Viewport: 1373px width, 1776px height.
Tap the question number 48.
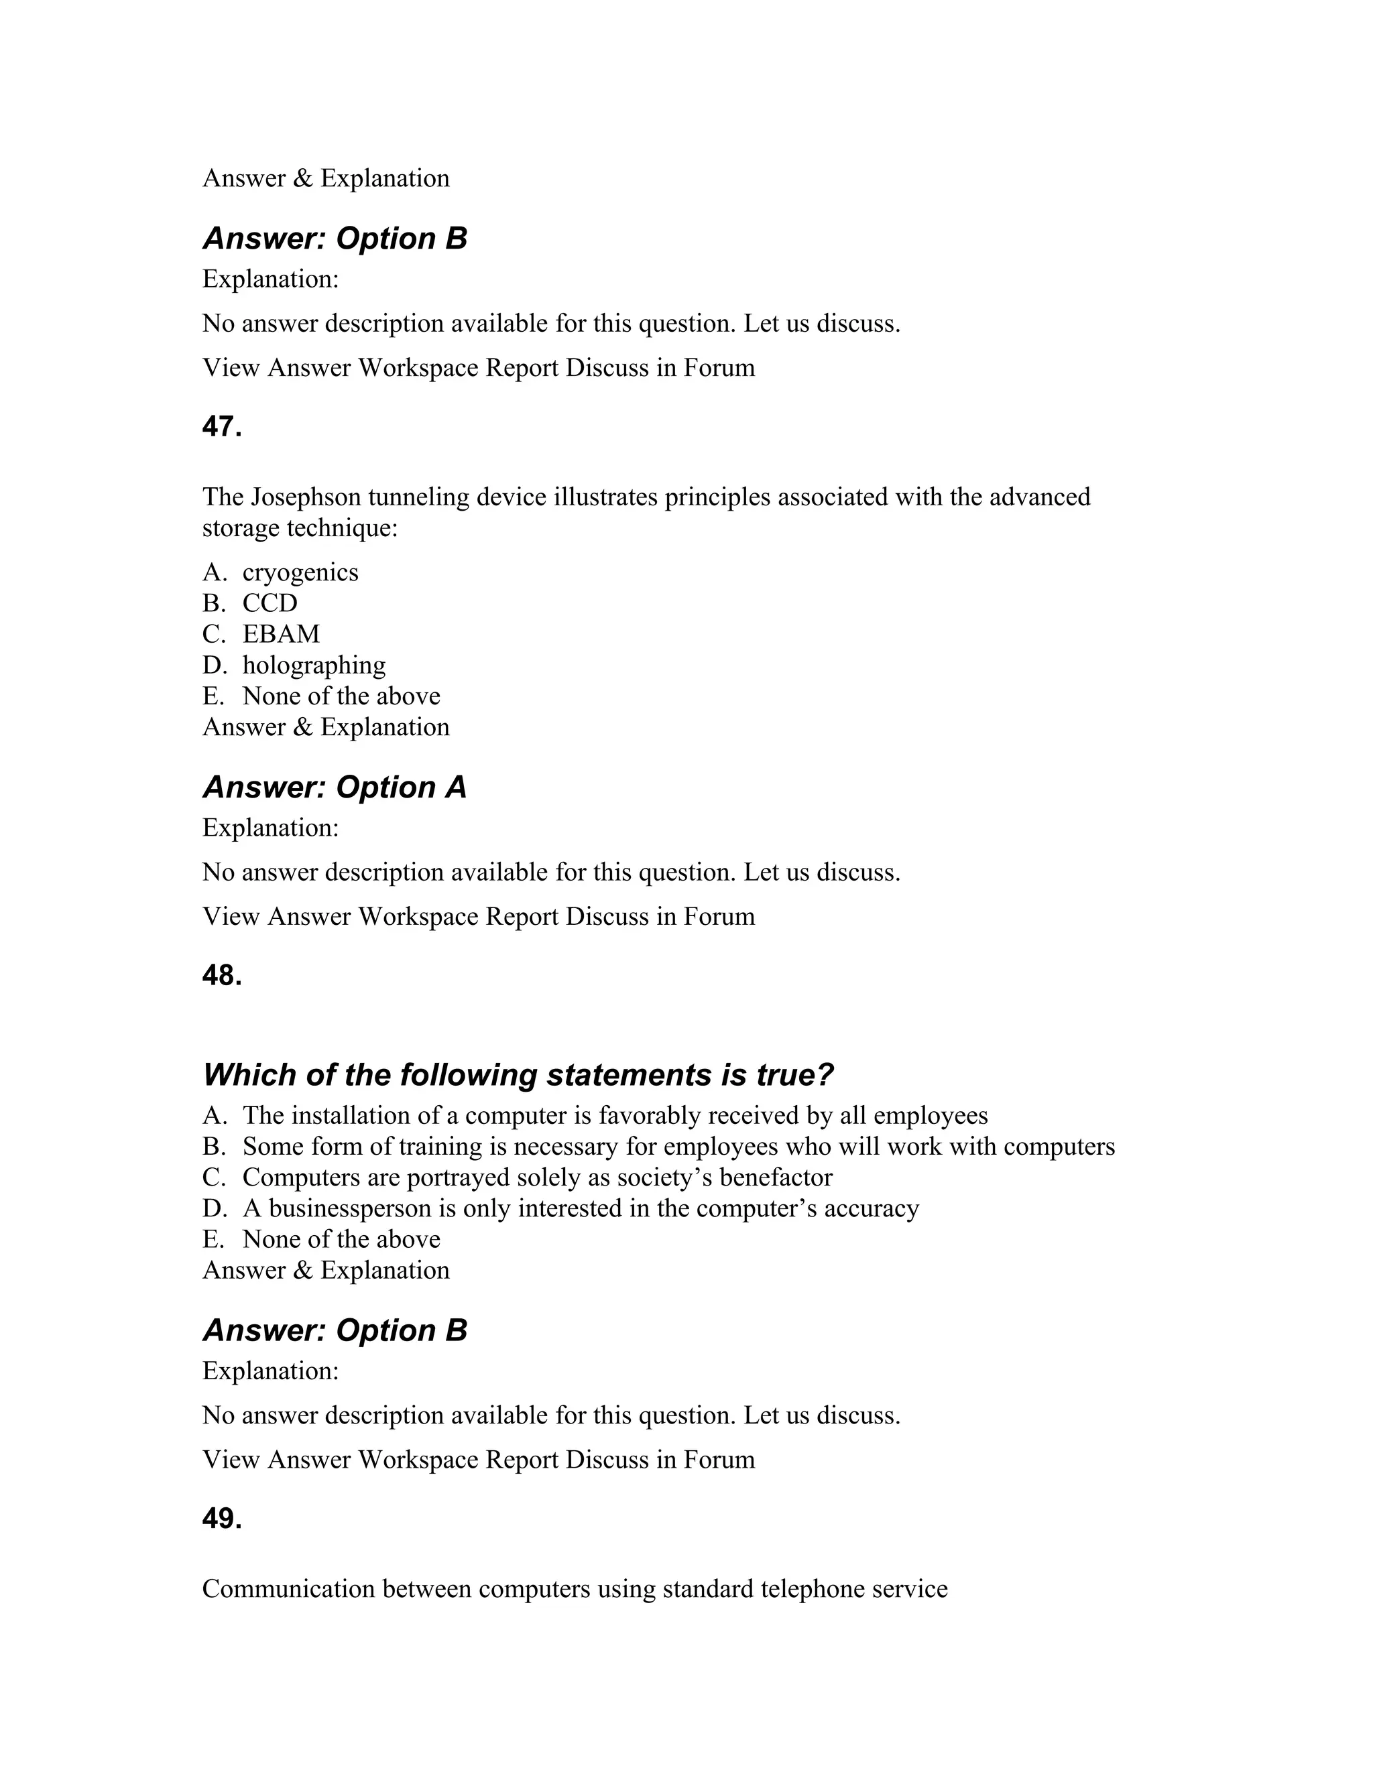coord(222,976)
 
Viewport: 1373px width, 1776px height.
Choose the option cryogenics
coord(300,572)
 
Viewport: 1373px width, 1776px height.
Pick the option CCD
coord(270,603)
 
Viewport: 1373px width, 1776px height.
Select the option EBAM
coord(282,634)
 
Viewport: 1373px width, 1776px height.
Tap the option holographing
coord(314,665)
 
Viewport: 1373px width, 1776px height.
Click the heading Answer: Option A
coord(335,787)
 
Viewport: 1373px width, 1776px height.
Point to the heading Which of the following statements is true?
coord(518,1075)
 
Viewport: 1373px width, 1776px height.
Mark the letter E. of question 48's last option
coord(213,1239)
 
